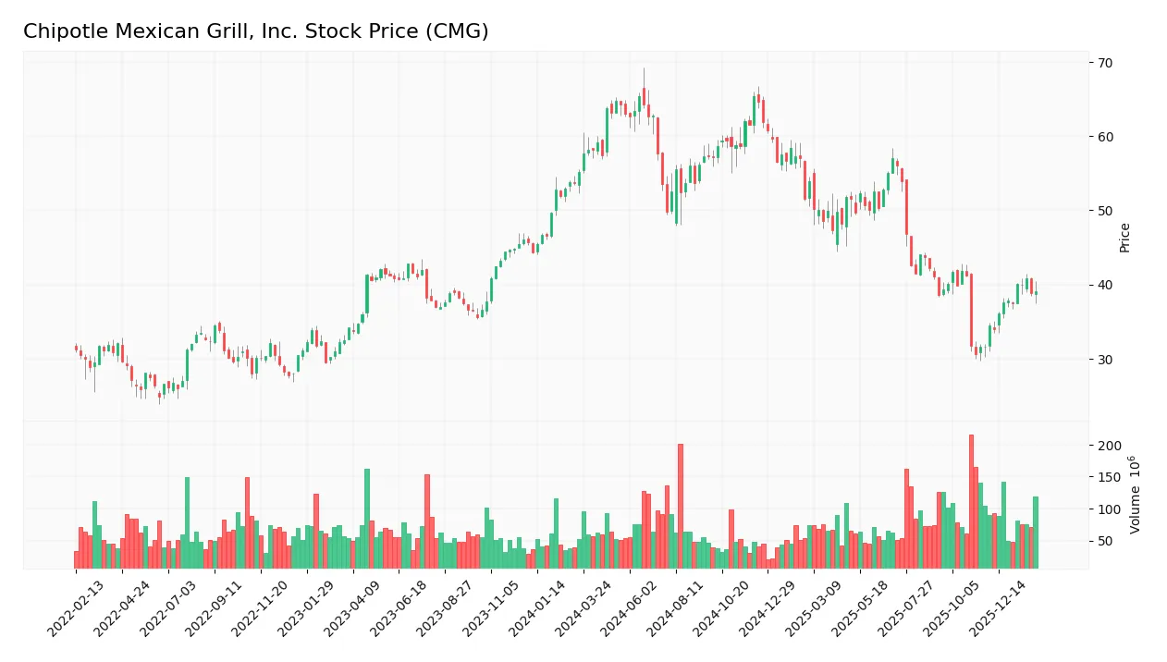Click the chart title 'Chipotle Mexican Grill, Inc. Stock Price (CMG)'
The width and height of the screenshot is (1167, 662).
[255, 31]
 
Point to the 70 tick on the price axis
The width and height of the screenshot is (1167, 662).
[1105, 63]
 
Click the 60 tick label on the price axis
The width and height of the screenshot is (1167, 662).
[1105, 137]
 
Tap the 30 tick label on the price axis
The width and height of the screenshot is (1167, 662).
[1105, 359]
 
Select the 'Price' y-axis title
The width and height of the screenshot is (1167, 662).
[1124, 238]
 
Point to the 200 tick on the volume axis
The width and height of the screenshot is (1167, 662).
[1108, 446]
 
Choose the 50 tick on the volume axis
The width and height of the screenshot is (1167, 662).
[1105, 541]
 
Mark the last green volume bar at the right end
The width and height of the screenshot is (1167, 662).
[1036, 533]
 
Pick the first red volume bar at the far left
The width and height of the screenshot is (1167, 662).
[76, 559]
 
